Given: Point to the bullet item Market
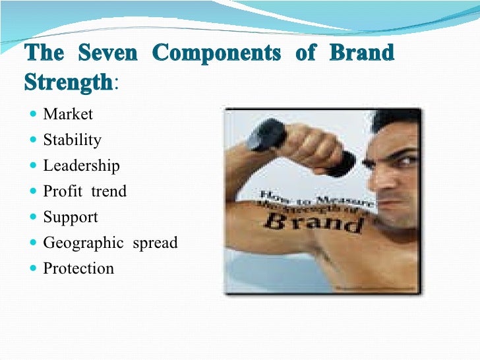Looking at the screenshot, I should click(x=68, y=115).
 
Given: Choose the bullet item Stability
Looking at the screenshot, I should click(x=72, y=140).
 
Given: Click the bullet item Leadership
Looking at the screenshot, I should click(x=81, y=166).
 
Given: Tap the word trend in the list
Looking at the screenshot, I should click(x=109, y=192).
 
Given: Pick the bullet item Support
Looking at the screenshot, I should click(x=70, y=218).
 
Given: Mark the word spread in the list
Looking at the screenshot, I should click(x=155, y=243).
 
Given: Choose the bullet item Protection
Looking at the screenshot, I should click(x=78, y=269).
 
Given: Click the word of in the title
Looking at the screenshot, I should click(x=306, y=54).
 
